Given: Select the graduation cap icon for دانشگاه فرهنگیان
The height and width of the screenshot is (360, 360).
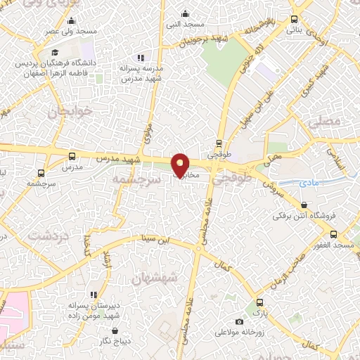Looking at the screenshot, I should [54, 53].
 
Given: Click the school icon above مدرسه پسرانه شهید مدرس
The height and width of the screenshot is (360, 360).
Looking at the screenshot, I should [141, 58].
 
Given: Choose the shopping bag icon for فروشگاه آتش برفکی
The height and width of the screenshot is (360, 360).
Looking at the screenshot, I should [304, 205].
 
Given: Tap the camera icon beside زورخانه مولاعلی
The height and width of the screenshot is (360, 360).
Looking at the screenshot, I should [239, 322].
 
